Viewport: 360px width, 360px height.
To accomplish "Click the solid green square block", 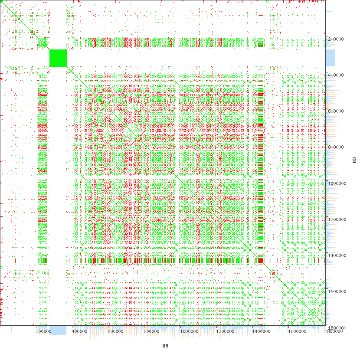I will (x=58, y=58).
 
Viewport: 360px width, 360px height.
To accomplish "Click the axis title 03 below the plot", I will (x=165, y=346).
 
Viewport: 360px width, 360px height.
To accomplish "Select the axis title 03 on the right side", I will (x=354, y=160).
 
